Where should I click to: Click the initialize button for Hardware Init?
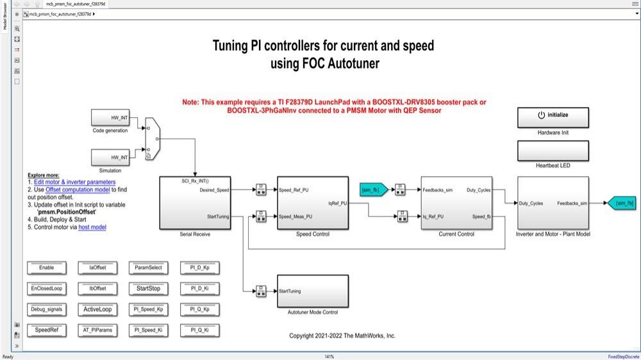(x=553, y=116)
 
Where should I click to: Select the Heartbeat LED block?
(x=553, y=151)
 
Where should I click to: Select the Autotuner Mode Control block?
(x=312, y=291)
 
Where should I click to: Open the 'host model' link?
(x=92, y=227)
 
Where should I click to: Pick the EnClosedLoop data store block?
(x=47, y=288)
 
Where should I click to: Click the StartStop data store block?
(x=148, y=288)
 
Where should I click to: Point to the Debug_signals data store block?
(x=47, y=309)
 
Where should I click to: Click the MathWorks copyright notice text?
(x=342, y=336)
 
